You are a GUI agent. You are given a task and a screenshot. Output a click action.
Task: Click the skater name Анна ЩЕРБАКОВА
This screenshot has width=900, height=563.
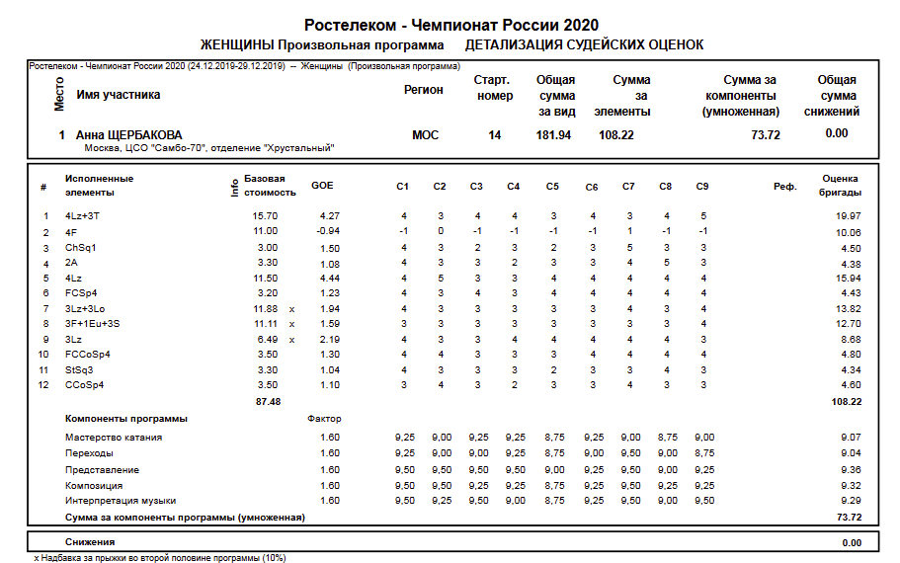click(x=128, y=135)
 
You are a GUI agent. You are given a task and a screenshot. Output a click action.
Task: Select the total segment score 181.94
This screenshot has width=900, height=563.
click(x=554, y=135)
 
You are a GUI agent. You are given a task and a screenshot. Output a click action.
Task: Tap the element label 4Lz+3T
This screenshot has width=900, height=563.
click(x=83, y=215)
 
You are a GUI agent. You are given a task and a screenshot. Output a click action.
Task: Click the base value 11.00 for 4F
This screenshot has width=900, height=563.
click(x=265, y=231)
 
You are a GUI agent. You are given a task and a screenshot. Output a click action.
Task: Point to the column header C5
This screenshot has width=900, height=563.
click(x=552, y=186)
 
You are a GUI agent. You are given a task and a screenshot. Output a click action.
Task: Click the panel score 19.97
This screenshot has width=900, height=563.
click(x=848, y=215)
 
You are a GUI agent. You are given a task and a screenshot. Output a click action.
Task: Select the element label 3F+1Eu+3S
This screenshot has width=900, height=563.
click(x=92, y=323)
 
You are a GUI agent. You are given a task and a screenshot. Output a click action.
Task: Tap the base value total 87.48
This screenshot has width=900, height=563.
click(x=268, y=402)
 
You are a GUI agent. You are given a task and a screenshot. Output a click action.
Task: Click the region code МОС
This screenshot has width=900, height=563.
click(x=425, y=135)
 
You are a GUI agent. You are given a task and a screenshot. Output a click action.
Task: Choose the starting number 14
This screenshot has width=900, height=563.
click(x=494, y=135)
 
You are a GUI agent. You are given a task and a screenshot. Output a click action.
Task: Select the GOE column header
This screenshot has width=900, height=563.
click(x=322, y=185)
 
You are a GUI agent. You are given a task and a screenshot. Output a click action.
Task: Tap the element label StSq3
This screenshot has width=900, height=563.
click(x=79, y=368)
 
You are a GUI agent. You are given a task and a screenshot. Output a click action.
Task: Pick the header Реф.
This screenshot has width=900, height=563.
click(x=784, y=186)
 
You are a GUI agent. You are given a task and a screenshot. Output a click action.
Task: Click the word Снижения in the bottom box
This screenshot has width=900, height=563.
click(x=90, y=542)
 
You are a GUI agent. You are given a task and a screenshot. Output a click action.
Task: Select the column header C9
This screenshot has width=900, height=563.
click(x=702, y=186)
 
